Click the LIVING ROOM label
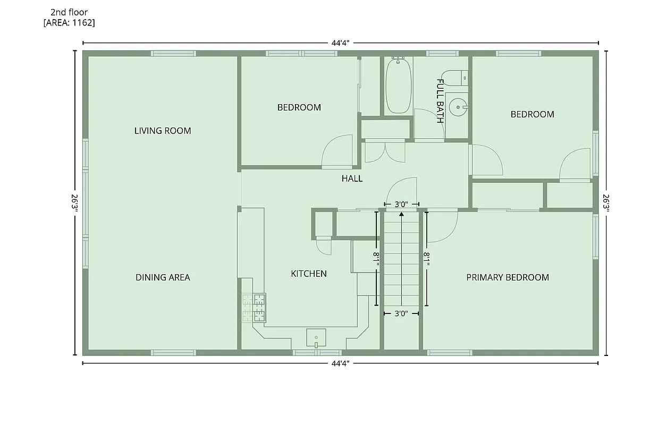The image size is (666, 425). pos(163,131)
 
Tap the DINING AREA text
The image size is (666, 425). pos(163,277)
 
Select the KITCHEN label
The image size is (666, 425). pos(309,274)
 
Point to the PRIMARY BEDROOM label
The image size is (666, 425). pos(508,277)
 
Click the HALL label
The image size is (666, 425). pos(352,178)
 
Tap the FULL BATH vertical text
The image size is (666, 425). pos(440,101)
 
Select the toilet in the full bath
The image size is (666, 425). pos(456,78)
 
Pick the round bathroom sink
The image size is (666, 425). pos(457,107)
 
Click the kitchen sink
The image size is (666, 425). pos(316,337)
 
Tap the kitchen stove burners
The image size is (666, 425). pos(254,308)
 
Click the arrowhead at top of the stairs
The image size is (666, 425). pos(401,214)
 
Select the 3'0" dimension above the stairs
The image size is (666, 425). pos(401,204)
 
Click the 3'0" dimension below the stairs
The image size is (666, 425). pos(401,313)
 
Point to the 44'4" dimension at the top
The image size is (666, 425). pos(340,43)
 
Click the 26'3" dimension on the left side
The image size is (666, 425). pos(75,203)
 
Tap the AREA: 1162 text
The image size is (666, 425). pos(70,22)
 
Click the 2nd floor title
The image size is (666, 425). pos(69,12)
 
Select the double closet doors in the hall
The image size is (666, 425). pos(385,151)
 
